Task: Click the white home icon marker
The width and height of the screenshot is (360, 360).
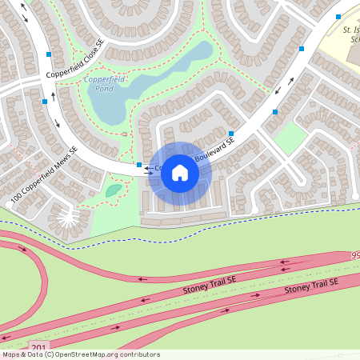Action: coord(180,173)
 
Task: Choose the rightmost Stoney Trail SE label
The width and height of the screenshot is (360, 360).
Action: coord(311,285)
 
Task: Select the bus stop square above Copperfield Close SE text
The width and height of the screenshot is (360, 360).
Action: coord(50,54)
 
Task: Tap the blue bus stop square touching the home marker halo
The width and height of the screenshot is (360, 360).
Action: coord(139,165)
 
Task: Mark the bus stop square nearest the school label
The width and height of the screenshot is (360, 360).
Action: coord(338,16)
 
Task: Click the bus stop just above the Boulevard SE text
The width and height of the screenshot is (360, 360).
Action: coord(231,133)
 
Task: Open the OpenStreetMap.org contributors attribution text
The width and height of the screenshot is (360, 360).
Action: coord(80,354)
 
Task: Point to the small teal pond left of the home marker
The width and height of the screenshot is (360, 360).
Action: coord(114,190)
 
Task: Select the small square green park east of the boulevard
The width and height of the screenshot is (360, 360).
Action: coord(290,138)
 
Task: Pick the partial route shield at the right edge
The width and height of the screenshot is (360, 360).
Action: coord(355,255)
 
